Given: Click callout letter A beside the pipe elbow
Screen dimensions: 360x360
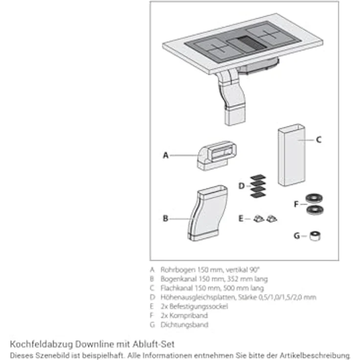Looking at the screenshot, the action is (x=165, y=156).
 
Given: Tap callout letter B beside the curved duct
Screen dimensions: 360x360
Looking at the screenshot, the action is (x=165, y=218).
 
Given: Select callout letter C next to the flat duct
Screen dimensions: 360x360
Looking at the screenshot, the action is (x=319, y=139).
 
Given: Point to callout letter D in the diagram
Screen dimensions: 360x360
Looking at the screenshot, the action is (x=242, y=186).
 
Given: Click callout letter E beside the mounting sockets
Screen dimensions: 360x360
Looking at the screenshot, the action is (x=241, y=219).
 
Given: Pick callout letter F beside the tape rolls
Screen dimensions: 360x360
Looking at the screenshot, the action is (x=296, y=204).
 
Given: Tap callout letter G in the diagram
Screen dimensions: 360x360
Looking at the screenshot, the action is (x=296, y=236).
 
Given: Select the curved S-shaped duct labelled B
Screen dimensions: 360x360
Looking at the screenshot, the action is (x=207, y=213).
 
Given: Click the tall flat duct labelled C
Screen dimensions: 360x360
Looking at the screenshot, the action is (x=292, y=155).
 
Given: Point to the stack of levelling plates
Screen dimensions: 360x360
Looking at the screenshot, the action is (x=258, y=186).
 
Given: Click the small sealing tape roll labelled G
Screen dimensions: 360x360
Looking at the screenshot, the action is (x=315, y=236).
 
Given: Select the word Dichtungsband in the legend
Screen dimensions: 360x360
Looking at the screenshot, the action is (x=184, y=325).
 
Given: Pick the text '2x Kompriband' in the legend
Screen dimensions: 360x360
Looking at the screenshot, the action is (x=184, y=315).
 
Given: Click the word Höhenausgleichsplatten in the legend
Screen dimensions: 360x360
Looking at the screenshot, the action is (x=198, y=297).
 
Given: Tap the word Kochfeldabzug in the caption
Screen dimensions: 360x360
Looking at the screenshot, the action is (x=41, y=344).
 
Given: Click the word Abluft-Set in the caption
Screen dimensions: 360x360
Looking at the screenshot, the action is (x=154, y=344).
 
